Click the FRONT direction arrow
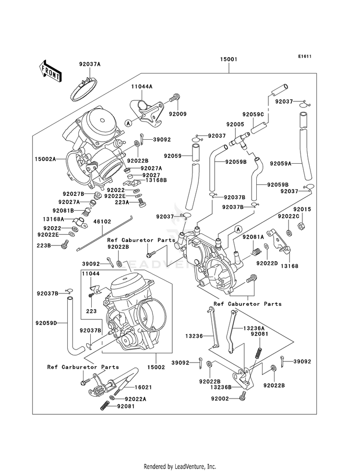(50, 71)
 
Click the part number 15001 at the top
(228, 59)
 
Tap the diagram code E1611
(304, 56)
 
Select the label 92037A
(90, 64)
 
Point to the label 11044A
(142, 86)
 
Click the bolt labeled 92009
(175, 97)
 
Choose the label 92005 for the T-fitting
(235, 124)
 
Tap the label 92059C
(253, 114)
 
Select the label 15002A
(45, 159)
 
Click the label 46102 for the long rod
(102, 221)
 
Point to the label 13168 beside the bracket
(289, 266)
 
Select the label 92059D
(46, 323)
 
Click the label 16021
(143, 387)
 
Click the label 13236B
(221, 387)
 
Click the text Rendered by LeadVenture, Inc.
(180, 467)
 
